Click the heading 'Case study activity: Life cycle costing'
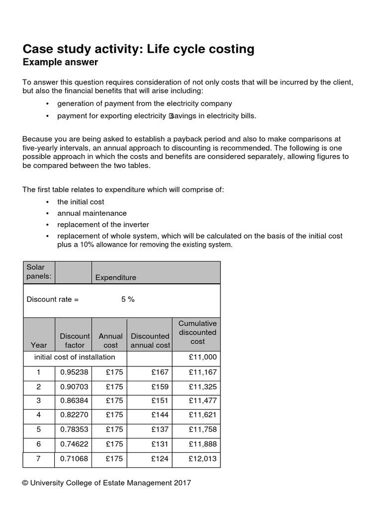pyautogui.click(x=138, y=49)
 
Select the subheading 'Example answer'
pyautogui.click(x=60, y=62)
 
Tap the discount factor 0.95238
pyautogui.click(x=74, y=372)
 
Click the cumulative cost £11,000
pyautogui.click(x=202, y=357)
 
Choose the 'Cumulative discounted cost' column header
pyautogui.click(x=197, y=333)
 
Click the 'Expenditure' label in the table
pyautogui.click(x=115, y=277)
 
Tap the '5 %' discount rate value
pyautogui.click(x=128, y=299)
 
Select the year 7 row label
pyautogui.click(x=38, y=459)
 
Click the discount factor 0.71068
pyautogui.click(x=74, y=459)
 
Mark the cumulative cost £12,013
pyautogui.click(x=202, y=459)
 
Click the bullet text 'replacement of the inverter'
pyautogui.click(x=103, y=225)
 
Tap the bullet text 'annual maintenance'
pyautogui.click(x=92, y=213)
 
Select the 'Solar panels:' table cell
pyautogui.click(x=39, y=271)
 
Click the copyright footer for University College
pyautogui.click(x=106, y=483)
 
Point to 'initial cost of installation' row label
pyautogui.click(x=75, y=357)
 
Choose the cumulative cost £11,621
pyautogui.click(x=202, y=415)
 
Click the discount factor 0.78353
pyautogui.click(x=74, y=429)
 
